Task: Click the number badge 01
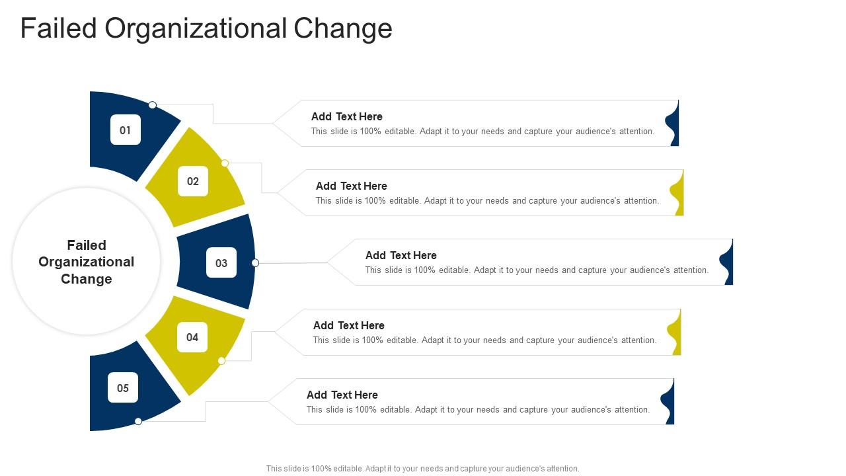[126, 130]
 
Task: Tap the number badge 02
[193, 181]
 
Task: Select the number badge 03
[221, 262]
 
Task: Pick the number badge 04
[192, 337]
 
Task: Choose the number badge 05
[123, 387]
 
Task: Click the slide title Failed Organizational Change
[206, 28]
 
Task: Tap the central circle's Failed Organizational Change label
[87, 262]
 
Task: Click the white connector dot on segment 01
[153, 105]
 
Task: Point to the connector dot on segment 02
[225, 163]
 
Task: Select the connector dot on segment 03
[255, 263]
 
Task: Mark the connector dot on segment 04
[221, 361]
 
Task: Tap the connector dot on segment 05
[138, 421]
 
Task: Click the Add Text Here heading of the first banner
[347, 116]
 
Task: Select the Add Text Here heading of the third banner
[401, 255]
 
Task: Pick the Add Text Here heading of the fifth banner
[342, 395]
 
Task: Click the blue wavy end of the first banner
[673, 124]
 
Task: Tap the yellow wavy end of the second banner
[678, 193]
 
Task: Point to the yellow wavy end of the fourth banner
[675, 333]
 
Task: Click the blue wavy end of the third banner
[728, 262]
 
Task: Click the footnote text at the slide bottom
[423, 468]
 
